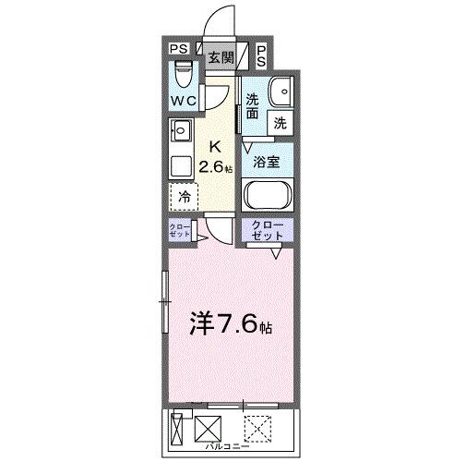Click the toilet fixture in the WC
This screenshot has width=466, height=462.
point(182,72)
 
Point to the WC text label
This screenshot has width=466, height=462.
point(183,98)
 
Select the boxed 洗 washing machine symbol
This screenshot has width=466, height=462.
point(279,121)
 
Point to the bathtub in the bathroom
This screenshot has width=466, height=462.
point(267,195)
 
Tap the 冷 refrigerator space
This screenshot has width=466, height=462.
point(184,197)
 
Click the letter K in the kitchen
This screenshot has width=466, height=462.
point(216,146)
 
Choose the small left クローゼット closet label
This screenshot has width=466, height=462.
point(180,231)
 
